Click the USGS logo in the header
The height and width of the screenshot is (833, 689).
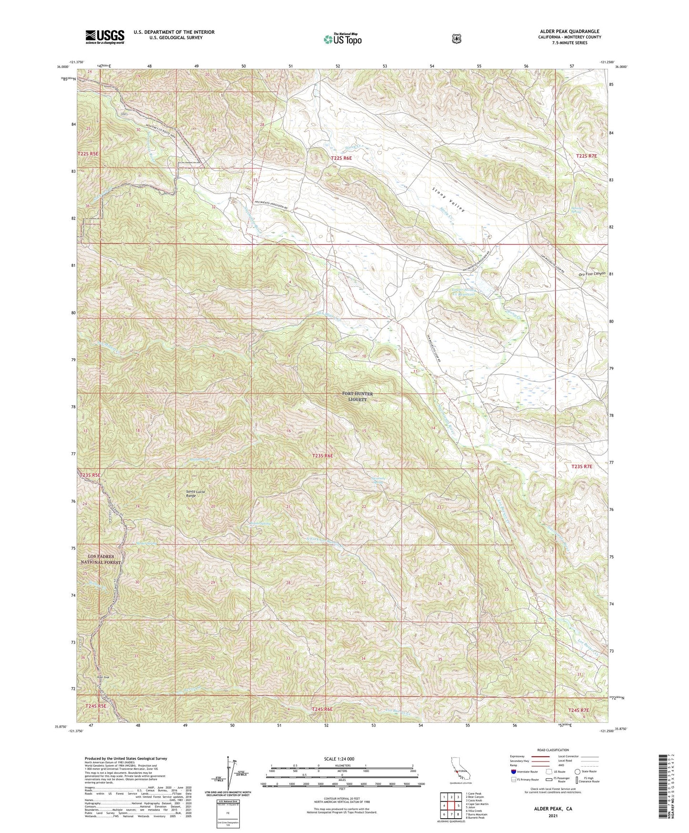[105, 37]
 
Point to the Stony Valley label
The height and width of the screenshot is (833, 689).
[448, 199]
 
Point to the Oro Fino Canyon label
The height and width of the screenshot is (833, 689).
[591, 274]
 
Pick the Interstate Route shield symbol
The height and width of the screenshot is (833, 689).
[513, 771]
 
